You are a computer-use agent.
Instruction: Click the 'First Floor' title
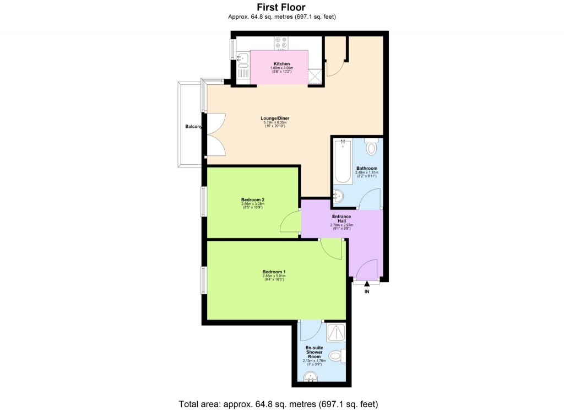[281, 7]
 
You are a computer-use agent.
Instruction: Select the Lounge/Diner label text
[275, 118]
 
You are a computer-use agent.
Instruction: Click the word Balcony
[193, 127]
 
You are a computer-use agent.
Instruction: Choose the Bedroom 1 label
[274, 271]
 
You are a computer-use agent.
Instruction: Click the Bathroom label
[366, 168]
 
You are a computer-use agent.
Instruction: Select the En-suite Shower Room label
[314, 352]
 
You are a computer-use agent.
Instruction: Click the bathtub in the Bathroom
[343, 161]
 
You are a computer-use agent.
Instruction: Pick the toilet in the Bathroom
[372, 147]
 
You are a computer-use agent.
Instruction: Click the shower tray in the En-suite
[335, 333]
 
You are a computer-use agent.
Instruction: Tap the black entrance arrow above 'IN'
[366, 283]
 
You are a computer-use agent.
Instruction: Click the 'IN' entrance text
[366, 292]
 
